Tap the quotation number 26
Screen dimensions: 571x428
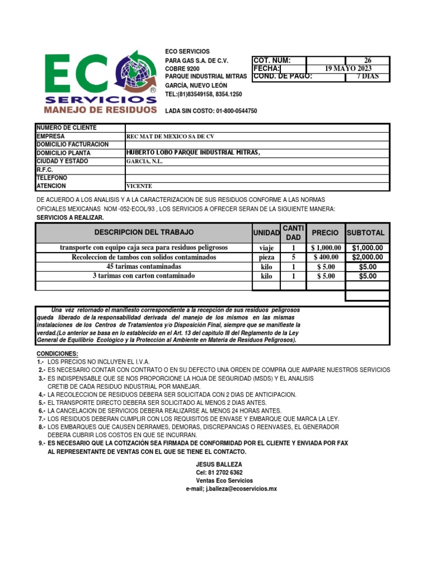[x=368, y=60]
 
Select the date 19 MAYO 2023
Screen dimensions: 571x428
[x=348, y=69]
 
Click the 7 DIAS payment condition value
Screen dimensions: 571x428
[x=368, y=77]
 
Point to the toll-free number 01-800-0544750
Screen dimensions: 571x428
[x=231, y=111]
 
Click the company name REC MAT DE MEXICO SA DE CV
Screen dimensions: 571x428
[x=171, y=136]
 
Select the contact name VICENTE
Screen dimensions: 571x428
[x=139, y=186]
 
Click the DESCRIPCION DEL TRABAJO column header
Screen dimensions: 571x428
[x=144, y=233]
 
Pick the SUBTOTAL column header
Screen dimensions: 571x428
[x=367, y=233]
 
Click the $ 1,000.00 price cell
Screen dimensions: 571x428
[x=325, y=248]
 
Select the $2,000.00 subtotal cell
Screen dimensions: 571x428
[x=367, y=257]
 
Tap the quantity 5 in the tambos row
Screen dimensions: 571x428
[x=293, y=257]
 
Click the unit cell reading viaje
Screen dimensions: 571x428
[x=266, y=248]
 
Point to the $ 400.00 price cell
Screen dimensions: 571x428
[x=325, y=257]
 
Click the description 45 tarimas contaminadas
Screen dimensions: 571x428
[x=144, y=267]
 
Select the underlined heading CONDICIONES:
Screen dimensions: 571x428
[x=57, y=354]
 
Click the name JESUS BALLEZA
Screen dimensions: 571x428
[x=219, y=464]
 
